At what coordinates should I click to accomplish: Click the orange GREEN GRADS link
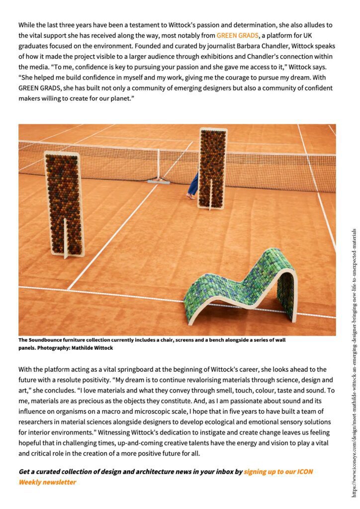coord(237,35)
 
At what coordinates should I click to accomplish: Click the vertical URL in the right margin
coord(354,363)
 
